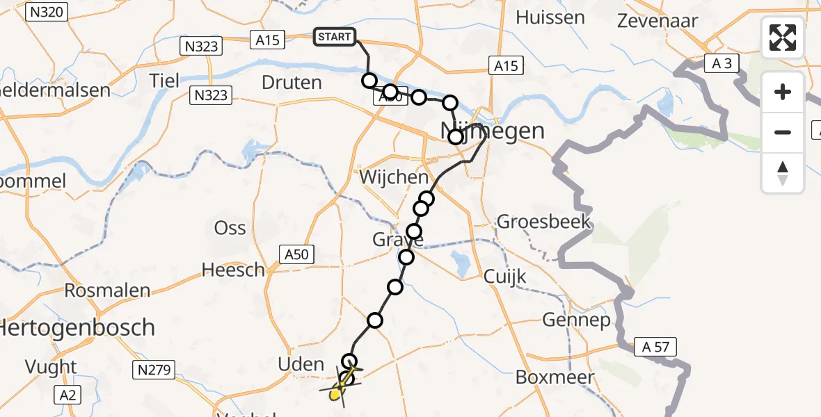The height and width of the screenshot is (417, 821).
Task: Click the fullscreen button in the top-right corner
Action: (x=783, y=38)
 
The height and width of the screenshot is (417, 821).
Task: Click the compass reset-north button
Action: (x=783, y=173)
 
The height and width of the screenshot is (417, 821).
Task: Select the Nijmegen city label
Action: (x=493, y=131)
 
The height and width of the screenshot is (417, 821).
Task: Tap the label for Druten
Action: (x=292, y=83)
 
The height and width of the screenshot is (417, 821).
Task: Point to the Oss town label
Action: (x=230, y=228)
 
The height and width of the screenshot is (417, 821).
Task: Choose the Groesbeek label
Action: (x=543, y=222)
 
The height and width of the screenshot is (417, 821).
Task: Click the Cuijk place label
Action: (x=506, y=277)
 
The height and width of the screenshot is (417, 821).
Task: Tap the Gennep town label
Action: (x=577, y=320)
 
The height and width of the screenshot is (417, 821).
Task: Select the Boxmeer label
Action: (x=555, y=377)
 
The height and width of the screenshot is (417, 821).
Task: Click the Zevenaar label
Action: (x=657, y=20)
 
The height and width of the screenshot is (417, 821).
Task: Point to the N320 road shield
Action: (x=46, y=11)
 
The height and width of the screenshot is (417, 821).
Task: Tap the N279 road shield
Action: (x=154, y=370)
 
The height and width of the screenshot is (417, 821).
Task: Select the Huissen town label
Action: (x=550, y=17)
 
